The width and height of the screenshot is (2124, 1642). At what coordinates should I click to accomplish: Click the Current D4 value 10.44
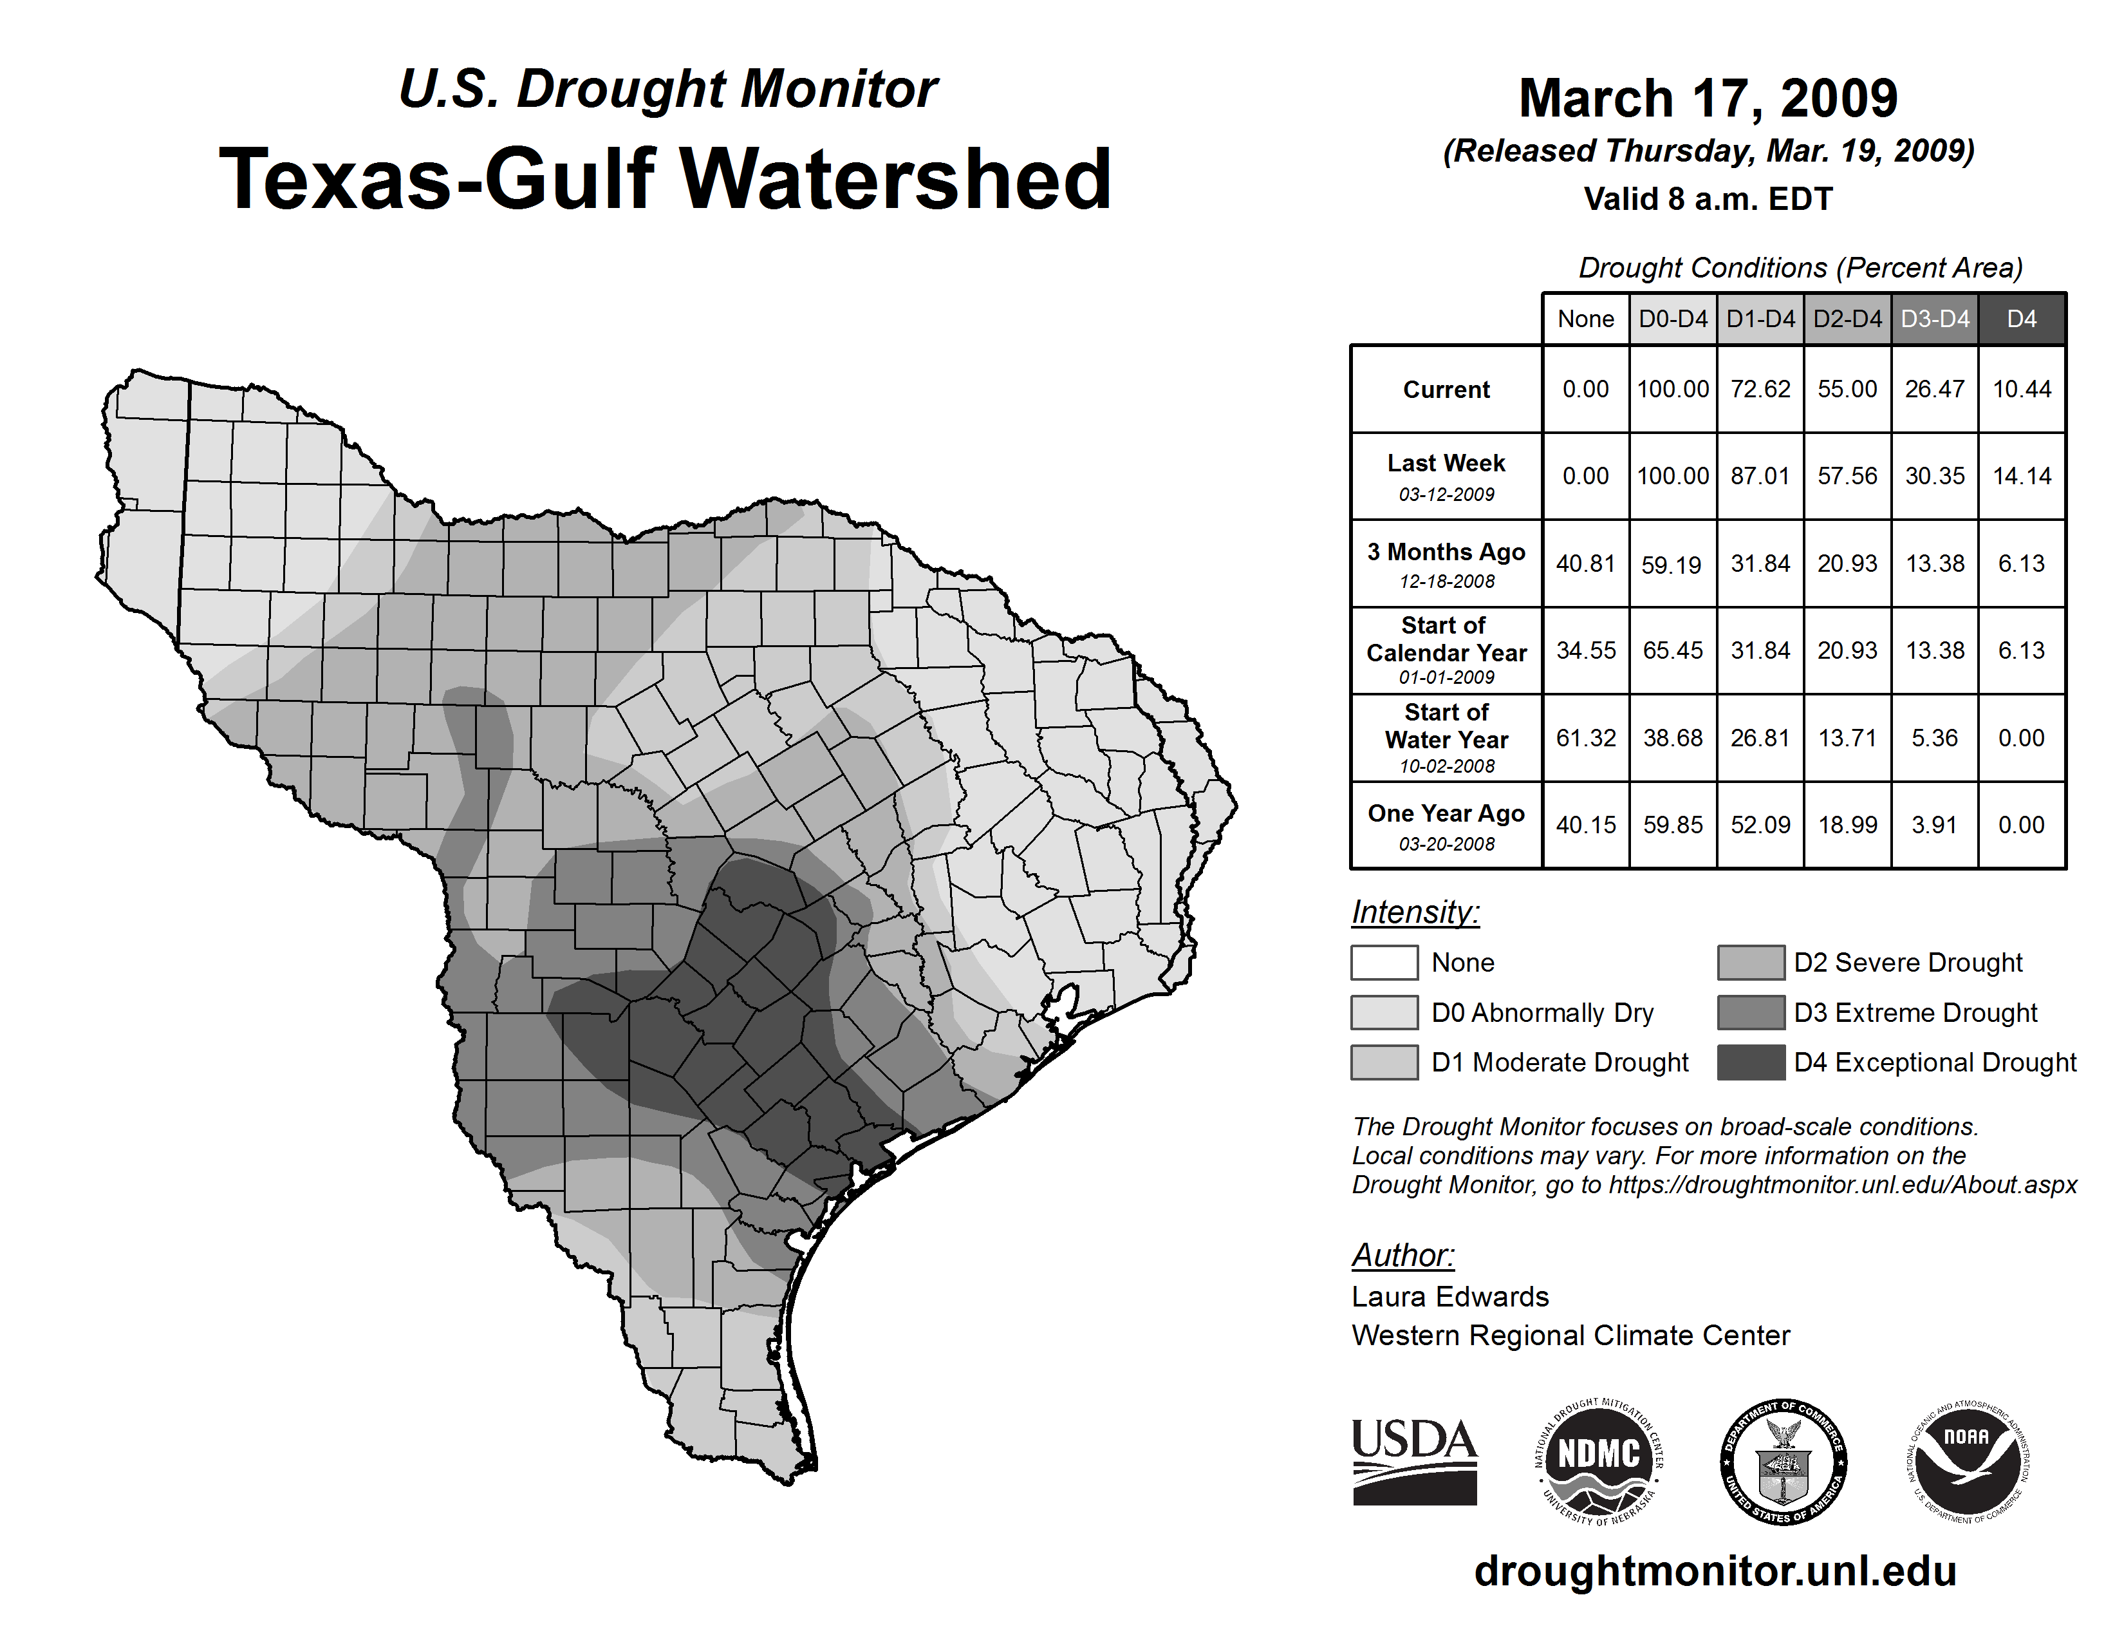coord(2021,389)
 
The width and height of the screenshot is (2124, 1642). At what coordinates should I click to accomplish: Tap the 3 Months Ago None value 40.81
coord(1585,563)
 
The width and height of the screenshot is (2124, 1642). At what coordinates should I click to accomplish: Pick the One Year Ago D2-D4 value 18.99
coord(1847,825)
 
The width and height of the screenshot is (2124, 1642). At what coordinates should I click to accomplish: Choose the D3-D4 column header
coord(1934,319)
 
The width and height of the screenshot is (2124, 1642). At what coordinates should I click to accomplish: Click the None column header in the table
coord(1585,319)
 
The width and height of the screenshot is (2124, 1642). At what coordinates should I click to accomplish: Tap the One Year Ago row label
coord(1446,825)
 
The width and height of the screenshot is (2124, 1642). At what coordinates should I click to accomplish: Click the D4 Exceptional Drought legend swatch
coord(1751,1062)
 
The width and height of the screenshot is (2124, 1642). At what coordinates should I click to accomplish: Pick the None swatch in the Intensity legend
coord(1384,962)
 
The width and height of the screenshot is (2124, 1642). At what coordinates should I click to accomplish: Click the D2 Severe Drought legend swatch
coord(1751,962)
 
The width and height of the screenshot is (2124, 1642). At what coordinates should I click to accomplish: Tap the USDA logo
coord(1414,1461)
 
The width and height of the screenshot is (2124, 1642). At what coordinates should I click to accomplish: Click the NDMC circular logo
coord(1599,1461)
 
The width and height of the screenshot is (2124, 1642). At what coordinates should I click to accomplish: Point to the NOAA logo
coord(1966,1461)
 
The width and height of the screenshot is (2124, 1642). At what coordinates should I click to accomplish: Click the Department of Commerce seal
coord(1783,1461)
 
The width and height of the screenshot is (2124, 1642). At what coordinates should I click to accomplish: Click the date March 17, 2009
coord(1708,99)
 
